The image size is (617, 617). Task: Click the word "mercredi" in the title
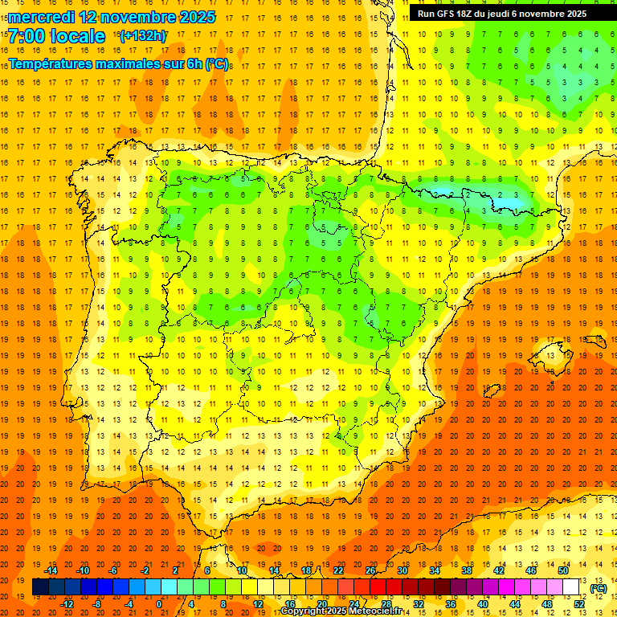pos(42,16)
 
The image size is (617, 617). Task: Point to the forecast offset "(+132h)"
pos(142,36)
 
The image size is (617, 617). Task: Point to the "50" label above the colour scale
pos(563,570)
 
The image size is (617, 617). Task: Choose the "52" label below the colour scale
pos(579,604)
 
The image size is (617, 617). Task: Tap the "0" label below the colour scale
pos(159,604)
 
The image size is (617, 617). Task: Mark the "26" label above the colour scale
pos(370,570)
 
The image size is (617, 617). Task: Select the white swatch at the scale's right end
pos(570,587)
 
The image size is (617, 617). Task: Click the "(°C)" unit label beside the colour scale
pos(598,588)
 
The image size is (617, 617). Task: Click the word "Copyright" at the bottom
pos(304,611)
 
